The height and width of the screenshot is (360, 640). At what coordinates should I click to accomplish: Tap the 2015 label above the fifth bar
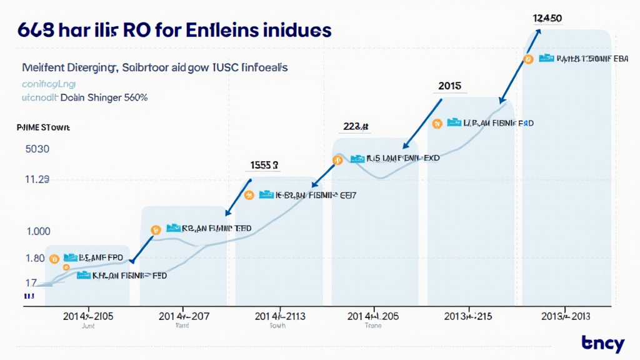[x=449, y=85]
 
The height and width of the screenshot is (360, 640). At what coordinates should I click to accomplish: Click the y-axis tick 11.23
[x=37, y=180]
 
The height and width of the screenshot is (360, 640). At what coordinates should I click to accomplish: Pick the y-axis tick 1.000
[x=38, y=231]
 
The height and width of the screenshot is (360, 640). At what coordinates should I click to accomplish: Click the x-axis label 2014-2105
[x=89, y=315]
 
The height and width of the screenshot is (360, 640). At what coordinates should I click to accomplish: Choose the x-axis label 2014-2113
[x=279, y=315]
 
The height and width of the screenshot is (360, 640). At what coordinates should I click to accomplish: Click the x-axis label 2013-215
[x=468, y=315]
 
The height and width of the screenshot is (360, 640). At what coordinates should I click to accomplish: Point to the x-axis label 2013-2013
[x=565, y=315]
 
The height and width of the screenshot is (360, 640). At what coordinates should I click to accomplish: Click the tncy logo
[x=603, y=343]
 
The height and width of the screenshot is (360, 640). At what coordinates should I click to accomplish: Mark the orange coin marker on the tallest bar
[x=528, y=59]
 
